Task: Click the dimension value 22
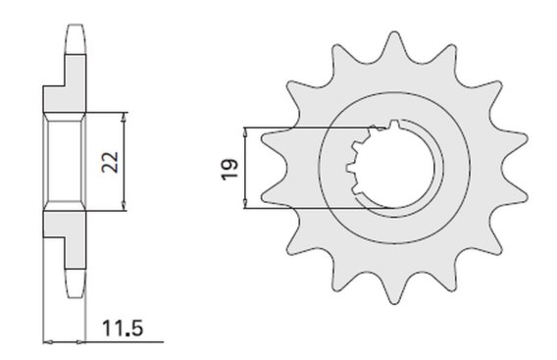pos(110,162)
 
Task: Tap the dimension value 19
pos(229,170)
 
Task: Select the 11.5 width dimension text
pos(123,328)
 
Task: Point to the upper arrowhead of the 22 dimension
pos(124,117)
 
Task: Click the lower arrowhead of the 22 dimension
pos(124,206)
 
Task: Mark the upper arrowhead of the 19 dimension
pos(245,131)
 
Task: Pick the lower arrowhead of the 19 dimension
pos(245,203)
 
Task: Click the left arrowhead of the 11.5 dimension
pos(48,342)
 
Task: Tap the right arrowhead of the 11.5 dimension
pos(81,342)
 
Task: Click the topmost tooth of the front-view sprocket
pos(393,46)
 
